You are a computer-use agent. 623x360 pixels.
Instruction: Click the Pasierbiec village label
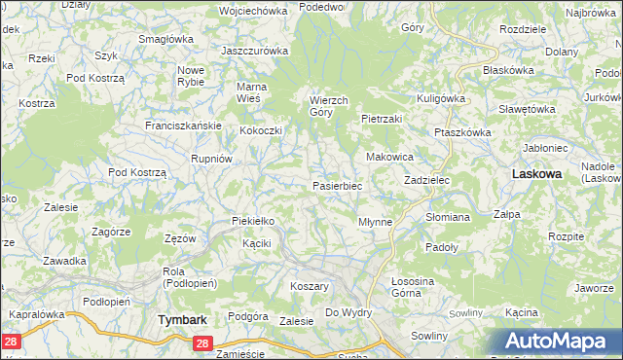click(337, 185)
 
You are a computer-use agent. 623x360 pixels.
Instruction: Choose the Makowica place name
click(389, 157)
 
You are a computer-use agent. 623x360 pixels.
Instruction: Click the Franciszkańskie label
click(184, 126)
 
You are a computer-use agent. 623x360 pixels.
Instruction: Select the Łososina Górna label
click(416, 286)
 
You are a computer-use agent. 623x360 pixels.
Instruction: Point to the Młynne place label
click(375, 222)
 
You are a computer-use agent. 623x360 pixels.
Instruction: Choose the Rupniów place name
click(211, 158)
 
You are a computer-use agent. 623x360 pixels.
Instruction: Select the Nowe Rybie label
click(190, 76)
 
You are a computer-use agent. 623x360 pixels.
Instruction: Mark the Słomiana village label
click(448, 217)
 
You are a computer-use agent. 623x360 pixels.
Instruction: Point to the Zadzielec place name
click(425, 181)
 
